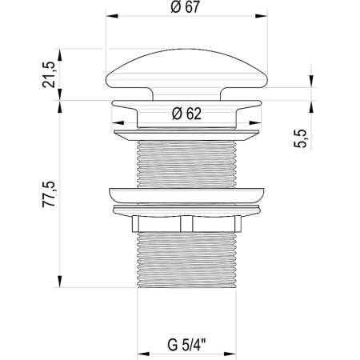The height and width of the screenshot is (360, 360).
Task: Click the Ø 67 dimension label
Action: [185, 7]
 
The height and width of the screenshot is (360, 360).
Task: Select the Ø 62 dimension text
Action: [186, 114]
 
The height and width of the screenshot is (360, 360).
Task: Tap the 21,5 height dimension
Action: [49, 74]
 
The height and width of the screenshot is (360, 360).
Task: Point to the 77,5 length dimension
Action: [49, 194]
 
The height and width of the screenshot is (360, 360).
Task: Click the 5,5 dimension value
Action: [300, 138]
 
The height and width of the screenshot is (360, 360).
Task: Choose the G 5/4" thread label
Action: [186, 345]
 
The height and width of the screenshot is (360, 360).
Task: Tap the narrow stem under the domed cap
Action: [186, 94]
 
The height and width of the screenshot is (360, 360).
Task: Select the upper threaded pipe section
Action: [186, 164]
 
